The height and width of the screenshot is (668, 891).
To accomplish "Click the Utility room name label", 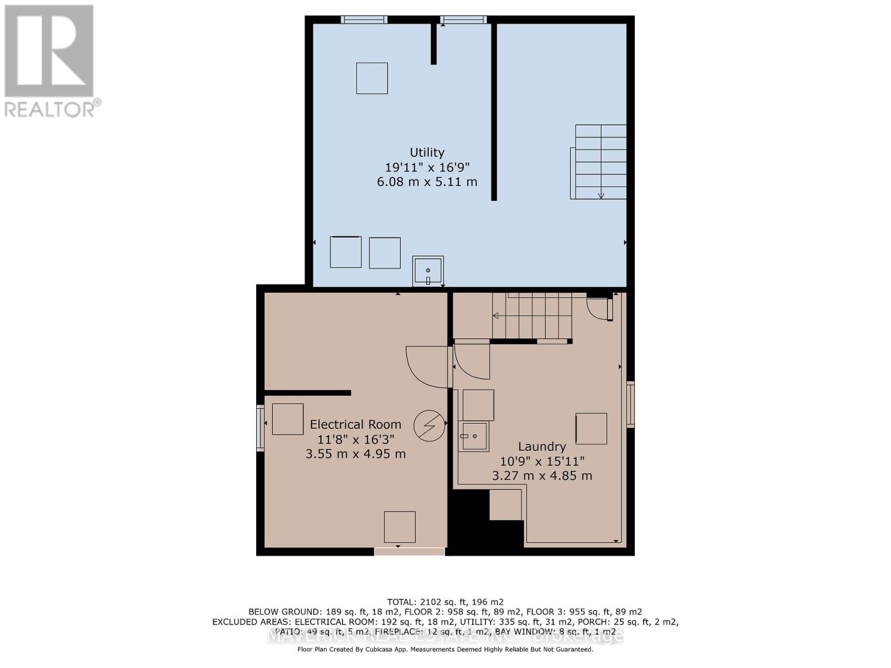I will pyautogui.click(x=427, y=153).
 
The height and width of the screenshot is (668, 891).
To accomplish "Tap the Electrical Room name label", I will pyautogui.click(x=355, y=424).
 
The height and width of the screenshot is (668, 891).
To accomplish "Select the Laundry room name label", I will pyautogui.click(x=542, y=446).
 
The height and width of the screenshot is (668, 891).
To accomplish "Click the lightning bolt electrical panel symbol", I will pyautogui.click(x=429, y=426).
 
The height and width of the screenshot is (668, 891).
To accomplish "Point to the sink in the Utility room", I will pyautogui.click(x=428, y=272).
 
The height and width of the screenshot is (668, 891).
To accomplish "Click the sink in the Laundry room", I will pyautogui.click(x=474, y=436).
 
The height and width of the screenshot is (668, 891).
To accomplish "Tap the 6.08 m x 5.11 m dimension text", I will pyautogui.click(x=427, y=181).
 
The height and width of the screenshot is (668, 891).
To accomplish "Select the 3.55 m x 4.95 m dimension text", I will pyautogui.click(x=355, y=454).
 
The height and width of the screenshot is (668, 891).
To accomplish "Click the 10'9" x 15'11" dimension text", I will pyautogui.click(x=542, y=461).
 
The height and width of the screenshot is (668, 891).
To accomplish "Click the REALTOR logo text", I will pyautogui.click(x=53, y=109).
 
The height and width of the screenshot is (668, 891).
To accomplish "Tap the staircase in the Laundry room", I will pyautogui.click(x=532, y=316).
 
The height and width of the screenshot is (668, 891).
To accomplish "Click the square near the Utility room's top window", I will pyautogui.click(x=372, y=78).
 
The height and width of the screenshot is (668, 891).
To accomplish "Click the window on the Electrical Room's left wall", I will pyautogui.click(x=260, y=428).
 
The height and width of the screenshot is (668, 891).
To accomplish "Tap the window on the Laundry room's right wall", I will pyautogui.click(x=630, y=404).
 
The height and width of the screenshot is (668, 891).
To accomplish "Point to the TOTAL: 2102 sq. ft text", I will pyautogui.click(x=445, y=602).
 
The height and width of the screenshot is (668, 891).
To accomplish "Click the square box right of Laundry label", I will pyautogui.click(x=591, y=428).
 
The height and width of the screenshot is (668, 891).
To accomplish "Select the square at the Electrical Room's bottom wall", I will pyautogui.click(x=399, y=527).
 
